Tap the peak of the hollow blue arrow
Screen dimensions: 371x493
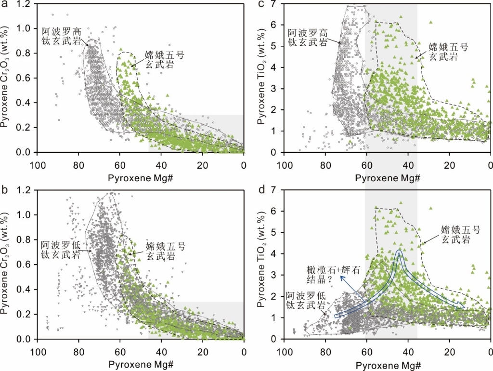pos(399,251)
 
